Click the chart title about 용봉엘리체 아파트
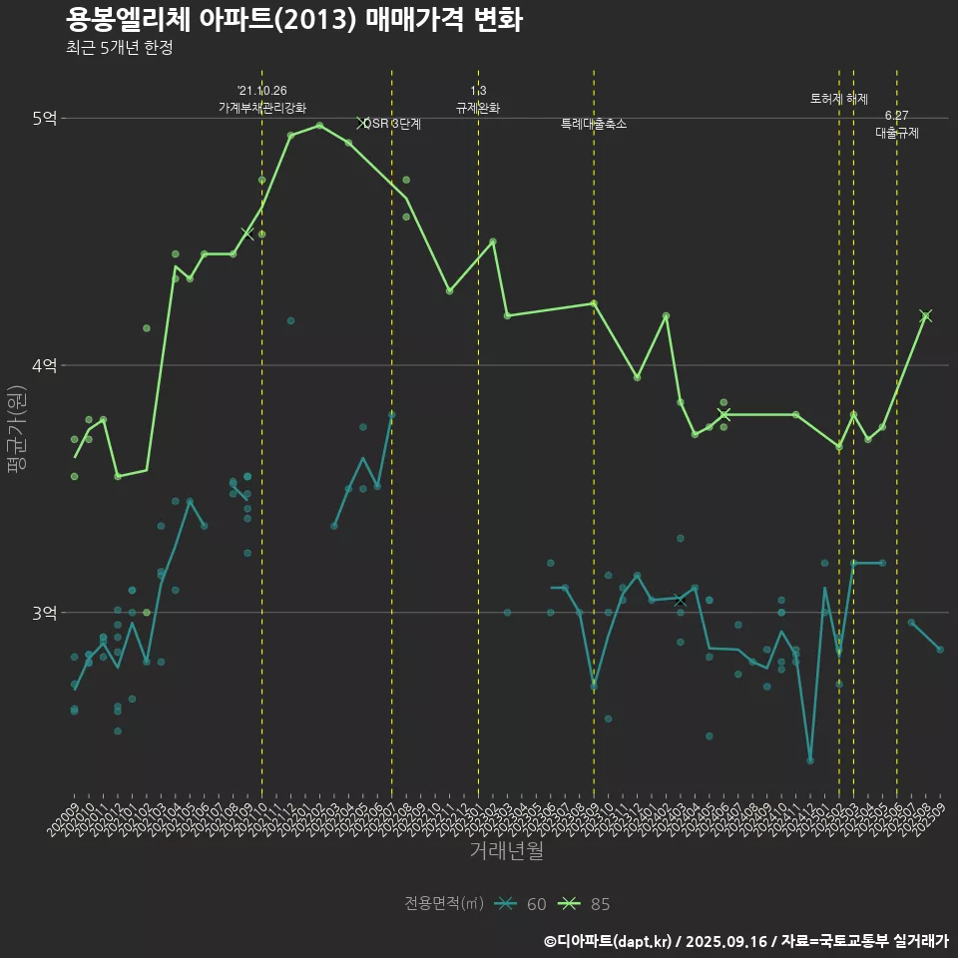pos(293,20)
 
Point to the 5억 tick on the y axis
pos(44,119)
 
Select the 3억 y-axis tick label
pos(44,613)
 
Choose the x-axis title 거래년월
pos(507,851)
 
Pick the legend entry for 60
pos(525,904)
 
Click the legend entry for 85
pos(589,904)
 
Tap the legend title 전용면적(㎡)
pos(444,904)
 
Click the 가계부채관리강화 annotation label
pos(262,108)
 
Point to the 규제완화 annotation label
pos(478,108)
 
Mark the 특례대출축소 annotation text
pos(594,124)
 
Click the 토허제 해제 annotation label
pos(839,99)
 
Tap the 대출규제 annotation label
pos(897,132)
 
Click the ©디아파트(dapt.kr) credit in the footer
pos(609,941)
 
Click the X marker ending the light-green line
pos(926,316)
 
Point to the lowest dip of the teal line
pos(810,760)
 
